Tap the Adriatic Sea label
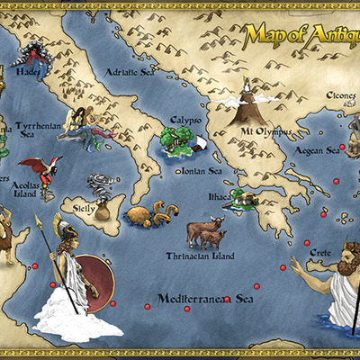click(x=130, y=71)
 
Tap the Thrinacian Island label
click(x=202, y=255)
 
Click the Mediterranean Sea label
click(x=205, y=299)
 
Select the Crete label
click(x=319, y=255)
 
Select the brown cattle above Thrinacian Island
click(x=206, y=233)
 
